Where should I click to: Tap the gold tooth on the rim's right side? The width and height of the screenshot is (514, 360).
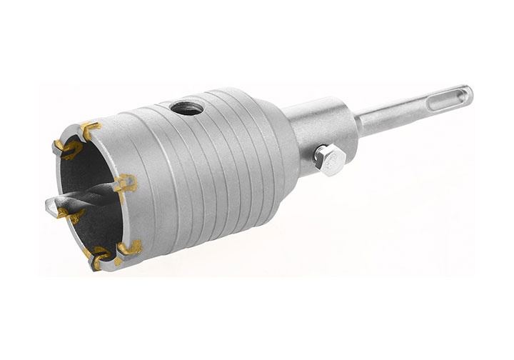coord(125,181)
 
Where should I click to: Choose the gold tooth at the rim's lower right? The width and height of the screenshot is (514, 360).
coord(130,247)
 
